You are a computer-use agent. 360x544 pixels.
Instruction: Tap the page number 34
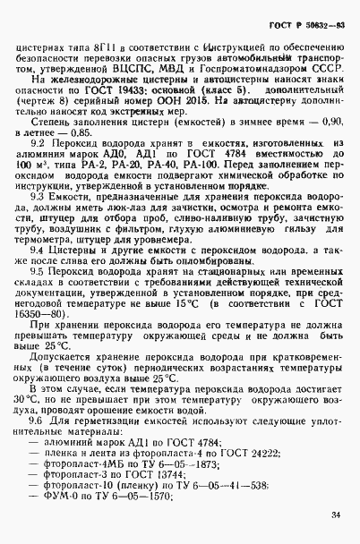click(x=335, y=514)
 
